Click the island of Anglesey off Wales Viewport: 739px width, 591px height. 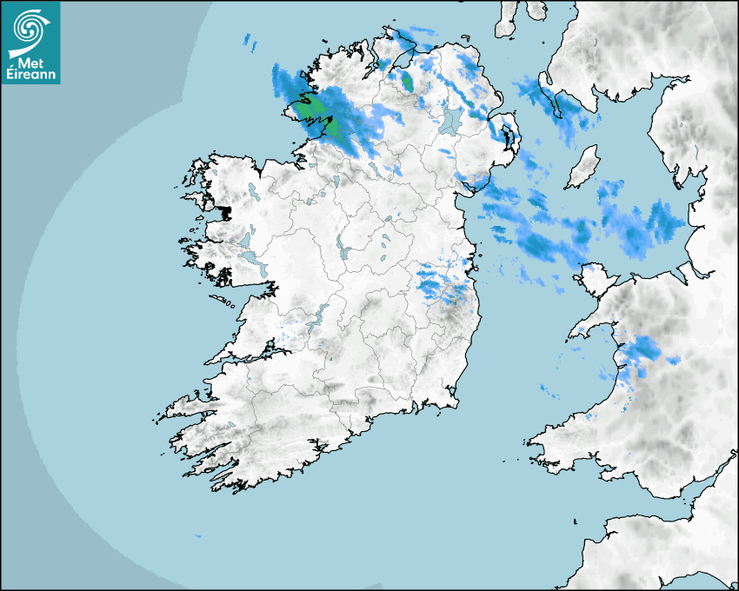(594, 280)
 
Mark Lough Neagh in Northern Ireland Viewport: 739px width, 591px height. (450, 119)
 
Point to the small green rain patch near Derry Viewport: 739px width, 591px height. (406, 82)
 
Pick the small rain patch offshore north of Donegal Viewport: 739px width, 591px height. (250, 40)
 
